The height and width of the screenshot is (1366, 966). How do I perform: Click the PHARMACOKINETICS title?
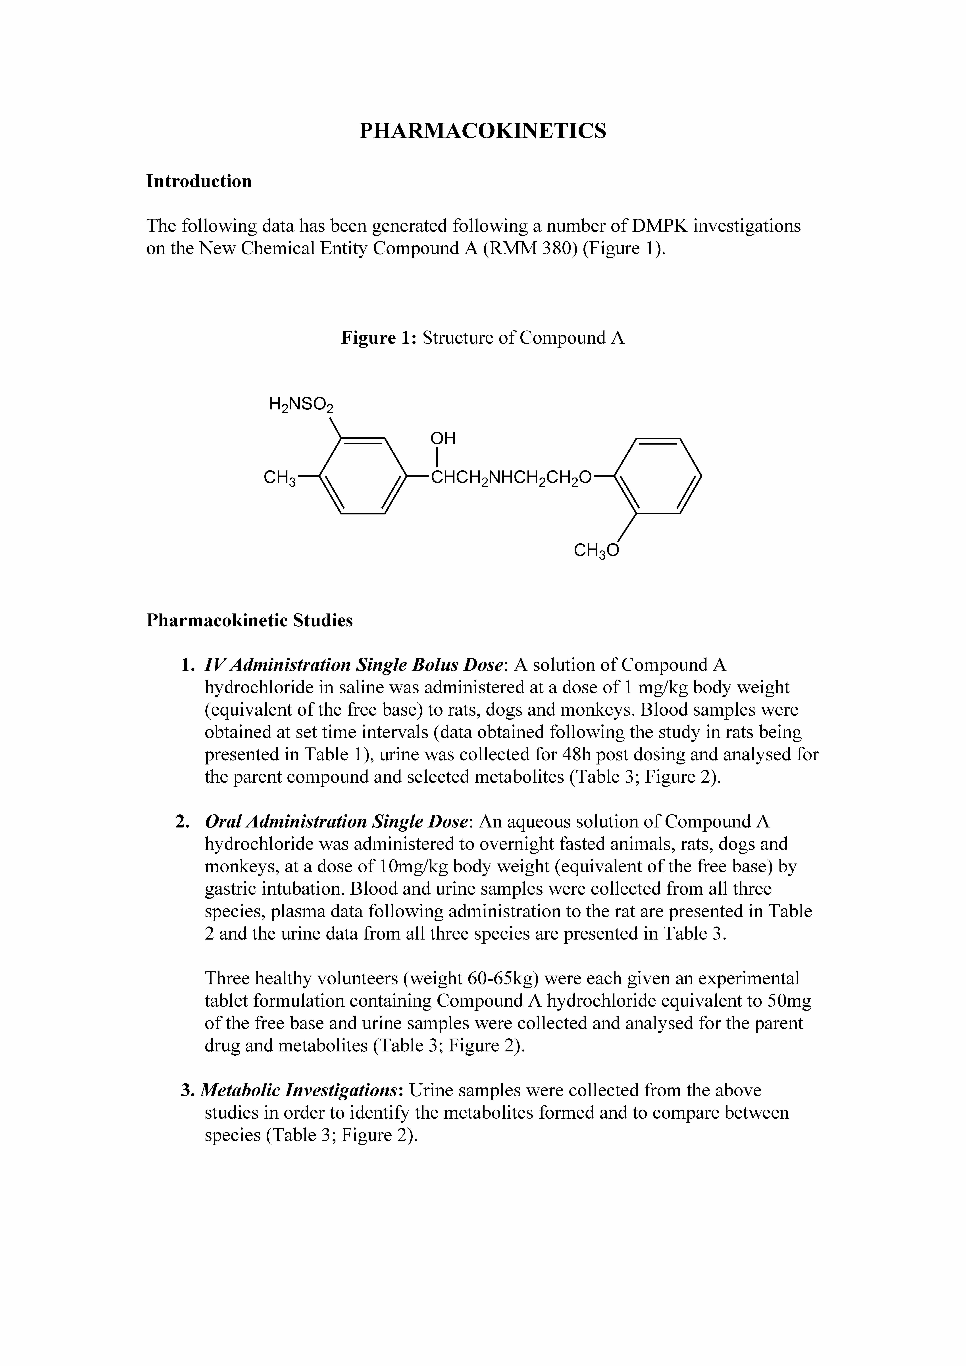point(483,131)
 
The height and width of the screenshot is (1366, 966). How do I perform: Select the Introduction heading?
point(199,181)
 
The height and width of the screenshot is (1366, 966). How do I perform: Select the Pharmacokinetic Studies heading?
point(249,621)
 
